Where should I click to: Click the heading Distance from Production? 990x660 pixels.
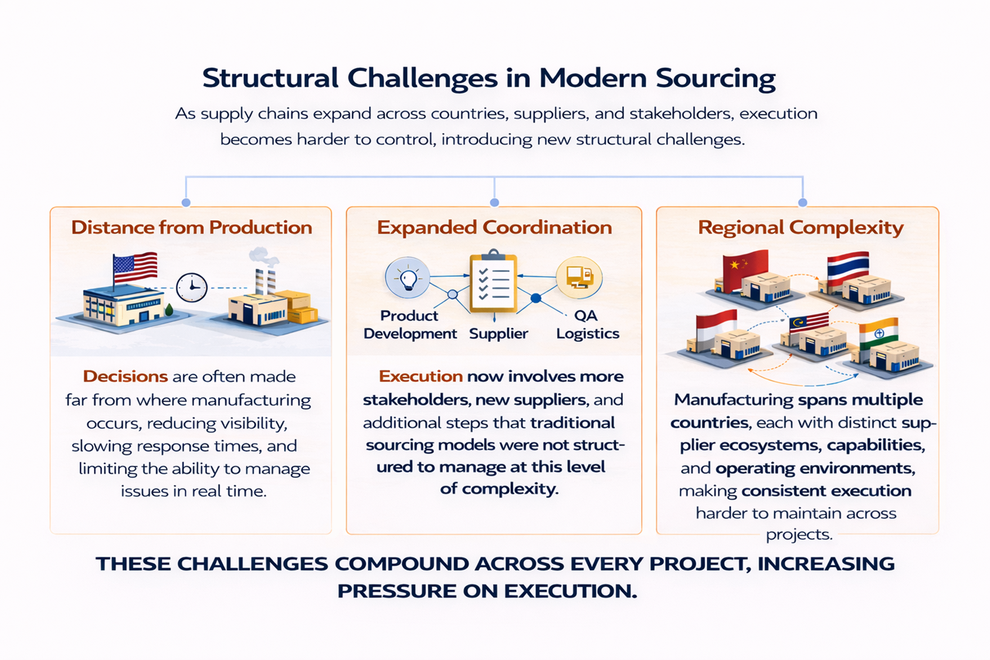[191, 228]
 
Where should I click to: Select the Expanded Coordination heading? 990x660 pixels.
[494, 228]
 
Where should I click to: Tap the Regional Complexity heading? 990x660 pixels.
[800, 228]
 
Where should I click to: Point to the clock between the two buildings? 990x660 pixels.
[192, 287]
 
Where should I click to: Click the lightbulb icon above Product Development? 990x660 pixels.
[407, 277]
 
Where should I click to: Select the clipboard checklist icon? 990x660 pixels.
[493, 283]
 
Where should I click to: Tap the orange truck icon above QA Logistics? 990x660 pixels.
[579, 277]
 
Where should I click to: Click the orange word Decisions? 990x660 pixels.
[126, 376]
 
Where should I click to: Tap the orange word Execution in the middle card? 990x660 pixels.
[421, 376]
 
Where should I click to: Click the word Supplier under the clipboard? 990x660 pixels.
[499, 334]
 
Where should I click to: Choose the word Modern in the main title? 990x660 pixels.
[592, 78]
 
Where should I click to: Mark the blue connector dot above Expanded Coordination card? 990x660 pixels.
[494, 202]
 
